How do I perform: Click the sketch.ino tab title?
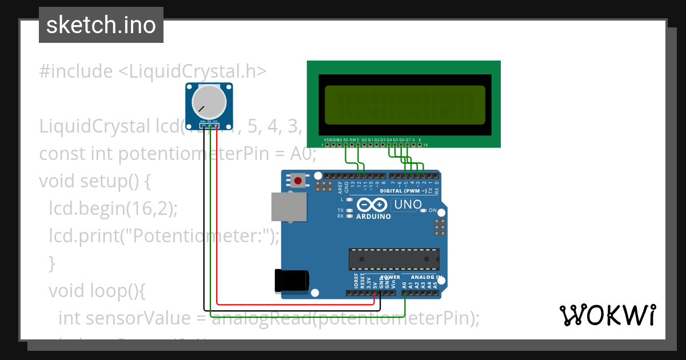click(101, 25)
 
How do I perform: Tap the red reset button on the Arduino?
click(297, 181)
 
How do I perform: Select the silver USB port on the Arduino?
click(288, 206)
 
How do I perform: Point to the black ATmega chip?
click(394, 259)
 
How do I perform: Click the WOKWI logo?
click(607, 315)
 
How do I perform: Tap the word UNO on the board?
click(408, 205)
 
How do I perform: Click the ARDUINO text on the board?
click(374, 217)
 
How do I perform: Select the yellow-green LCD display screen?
click(405, 105)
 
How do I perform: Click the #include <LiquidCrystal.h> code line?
click(153, 71)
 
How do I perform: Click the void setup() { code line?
click(95, 181)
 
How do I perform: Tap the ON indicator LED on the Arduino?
click(424, 211)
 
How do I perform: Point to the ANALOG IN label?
click(426, 277)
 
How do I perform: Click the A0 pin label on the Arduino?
click(405, 284)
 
